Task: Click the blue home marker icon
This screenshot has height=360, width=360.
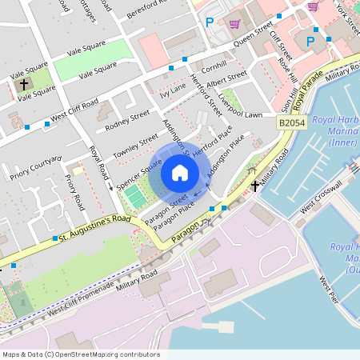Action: pyautogui.click(x=180, y=173)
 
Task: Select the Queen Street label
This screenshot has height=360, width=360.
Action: pyautogui.click(x=254, y=37)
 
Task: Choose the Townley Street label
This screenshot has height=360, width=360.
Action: pyautogui.click(x=137, y=146)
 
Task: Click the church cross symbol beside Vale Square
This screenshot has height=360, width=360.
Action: pyautogui.click(x=24, y=83)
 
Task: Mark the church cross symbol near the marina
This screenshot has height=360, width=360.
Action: pyautogui.click(x=255, y=186)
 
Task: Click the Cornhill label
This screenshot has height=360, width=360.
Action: pyautogui.click(x=214, y=63)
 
